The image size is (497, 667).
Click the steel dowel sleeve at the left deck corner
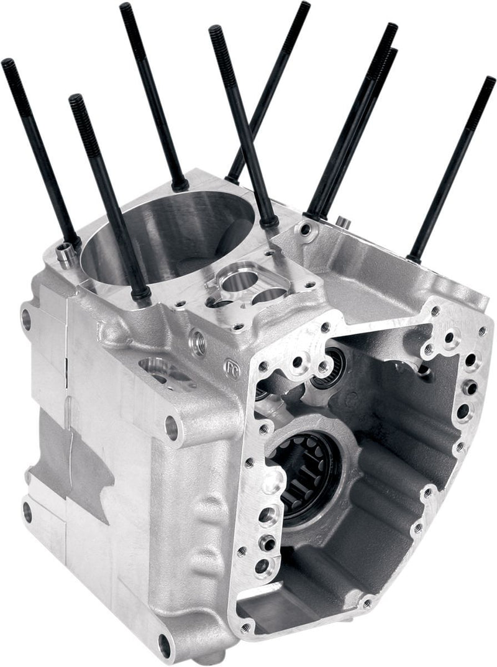63,253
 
